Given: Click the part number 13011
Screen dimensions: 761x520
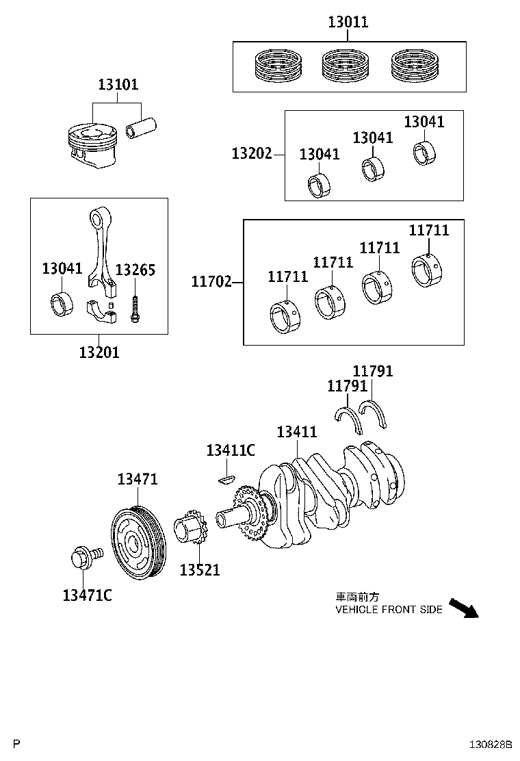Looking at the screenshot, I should pyautogui.click(x=348, y=22).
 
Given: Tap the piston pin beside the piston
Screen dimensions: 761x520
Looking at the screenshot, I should pyautogui.click(x=142, y=128).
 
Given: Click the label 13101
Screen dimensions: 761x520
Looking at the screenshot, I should pyautogui.click(x=118, y=85).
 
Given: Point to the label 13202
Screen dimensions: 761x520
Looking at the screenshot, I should pyautogui.click(x=252, y=155).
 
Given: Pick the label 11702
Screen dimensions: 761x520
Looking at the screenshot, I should pyautogui.click(x=211, y=281).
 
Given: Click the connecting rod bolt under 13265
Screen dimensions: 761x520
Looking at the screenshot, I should pyautogui.click(x=135, y=310).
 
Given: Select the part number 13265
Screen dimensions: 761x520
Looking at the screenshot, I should pyautogui.click(x=135, y=270).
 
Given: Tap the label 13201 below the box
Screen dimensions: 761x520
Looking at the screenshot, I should pyautogui.click(x=99, y=352).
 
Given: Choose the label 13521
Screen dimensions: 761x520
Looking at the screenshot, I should pyautogui.click(x=200, y=569).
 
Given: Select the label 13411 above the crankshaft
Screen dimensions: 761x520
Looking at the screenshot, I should pyautogui.click(x=297, y=433).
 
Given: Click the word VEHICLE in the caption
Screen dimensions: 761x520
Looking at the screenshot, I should pyautogui.click(x=356, y=609).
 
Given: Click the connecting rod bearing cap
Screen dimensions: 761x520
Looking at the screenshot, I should pyautogui.click(x=104, y=311).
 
